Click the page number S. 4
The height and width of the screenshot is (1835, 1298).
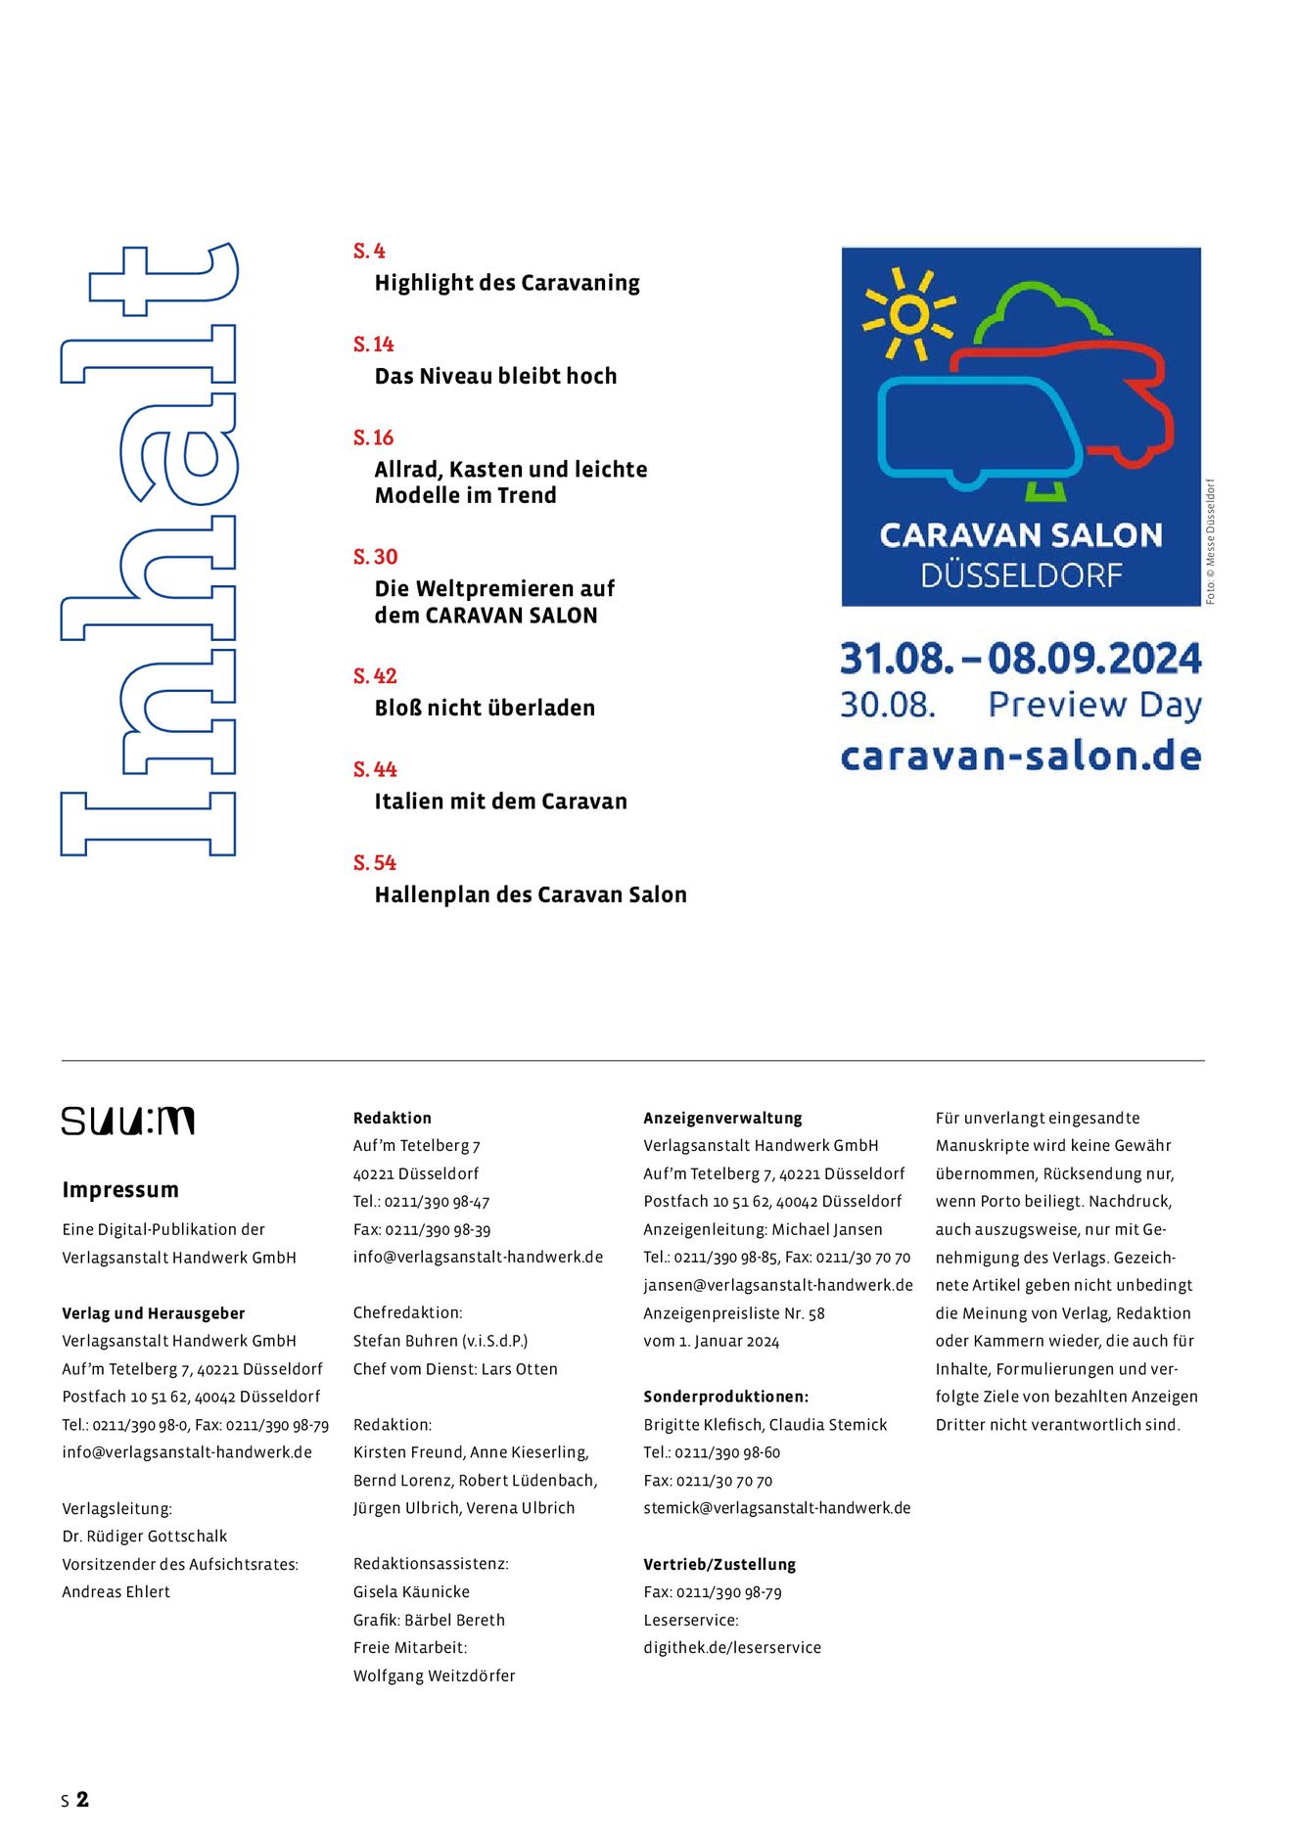pos(369,251)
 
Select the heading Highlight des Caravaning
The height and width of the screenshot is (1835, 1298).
pos(506,283)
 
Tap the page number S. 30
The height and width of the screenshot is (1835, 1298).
pos(375,557)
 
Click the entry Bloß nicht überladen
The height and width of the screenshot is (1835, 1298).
pos(485,708)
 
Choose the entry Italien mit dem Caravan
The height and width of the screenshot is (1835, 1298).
pos(500,802)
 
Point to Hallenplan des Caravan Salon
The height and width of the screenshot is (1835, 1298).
pos(531,895)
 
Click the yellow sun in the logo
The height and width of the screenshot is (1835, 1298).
pos(908,315)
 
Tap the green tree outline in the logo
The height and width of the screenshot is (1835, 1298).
pos(1043,313)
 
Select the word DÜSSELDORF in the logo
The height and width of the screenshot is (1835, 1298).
pos(1021,575)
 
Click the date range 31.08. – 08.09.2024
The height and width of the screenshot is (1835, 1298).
pos(1021,659)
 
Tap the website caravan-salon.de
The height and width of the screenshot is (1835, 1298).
pos(1021,757)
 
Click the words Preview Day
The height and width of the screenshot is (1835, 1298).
pos(1094,705)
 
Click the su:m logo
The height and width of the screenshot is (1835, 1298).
pos(128,1121)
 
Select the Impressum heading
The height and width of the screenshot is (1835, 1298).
pos(120,1190)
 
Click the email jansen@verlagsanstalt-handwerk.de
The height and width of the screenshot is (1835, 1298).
pos(778,1285)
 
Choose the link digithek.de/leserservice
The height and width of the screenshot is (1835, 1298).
pos(732,1648)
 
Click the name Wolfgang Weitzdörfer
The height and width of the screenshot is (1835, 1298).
pos(434,1675)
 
